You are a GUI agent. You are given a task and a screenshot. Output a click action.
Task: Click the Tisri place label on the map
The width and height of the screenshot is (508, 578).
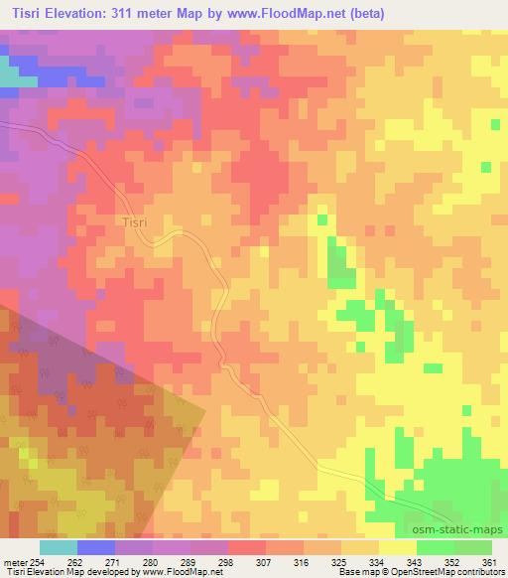(135, 221)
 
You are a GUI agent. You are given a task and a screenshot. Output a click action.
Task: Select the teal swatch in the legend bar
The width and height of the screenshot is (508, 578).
(59, 547)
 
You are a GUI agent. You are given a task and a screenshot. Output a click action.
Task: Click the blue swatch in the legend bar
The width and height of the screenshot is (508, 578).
(96, 547)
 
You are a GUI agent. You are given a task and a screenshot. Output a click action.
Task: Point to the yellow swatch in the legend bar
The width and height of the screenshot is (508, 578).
(398, 547)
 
